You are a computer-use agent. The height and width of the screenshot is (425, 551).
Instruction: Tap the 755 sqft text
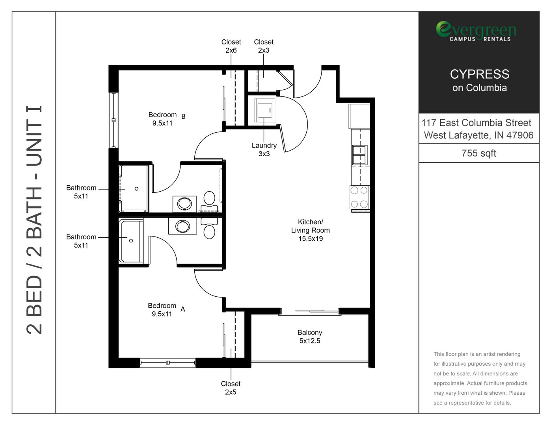479,153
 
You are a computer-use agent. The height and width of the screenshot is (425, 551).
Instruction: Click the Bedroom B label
167,119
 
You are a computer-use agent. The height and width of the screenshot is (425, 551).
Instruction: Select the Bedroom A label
166,310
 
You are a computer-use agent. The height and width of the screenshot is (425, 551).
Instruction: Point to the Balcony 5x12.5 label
310,337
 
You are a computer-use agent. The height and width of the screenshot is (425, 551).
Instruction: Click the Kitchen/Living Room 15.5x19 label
310,230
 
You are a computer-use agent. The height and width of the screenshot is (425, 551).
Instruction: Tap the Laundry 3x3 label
264,150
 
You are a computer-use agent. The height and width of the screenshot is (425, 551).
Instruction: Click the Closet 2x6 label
231,46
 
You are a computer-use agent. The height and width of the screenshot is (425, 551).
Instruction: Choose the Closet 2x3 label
264,46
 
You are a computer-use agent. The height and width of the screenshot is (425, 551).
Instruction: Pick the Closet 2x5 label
231,388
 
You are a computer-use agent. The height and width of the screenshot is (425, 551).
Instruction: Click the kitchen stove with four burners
359,197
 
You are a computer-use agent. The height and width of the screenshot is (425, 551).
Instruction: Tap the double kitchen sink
359,155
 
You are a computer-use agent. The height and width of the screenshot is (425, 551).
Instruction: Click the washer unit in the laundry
265,111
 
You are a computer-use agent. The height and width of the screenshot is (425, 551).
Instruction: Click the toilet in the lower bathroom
209,228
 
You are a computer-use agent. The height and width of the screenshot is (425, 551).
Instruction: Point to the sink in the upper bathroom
184,204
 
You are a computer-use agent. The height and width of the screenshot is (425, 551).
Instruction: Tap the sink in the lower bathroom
182,226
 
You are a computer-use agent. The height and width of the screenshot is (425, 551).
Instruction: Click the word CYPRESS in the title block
480,74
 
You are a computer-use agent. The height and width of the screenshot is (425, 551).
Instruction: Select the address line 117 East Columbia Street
476,123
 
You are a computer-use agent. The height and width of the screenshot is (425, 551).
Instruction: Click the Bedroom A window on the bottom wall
168,363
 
